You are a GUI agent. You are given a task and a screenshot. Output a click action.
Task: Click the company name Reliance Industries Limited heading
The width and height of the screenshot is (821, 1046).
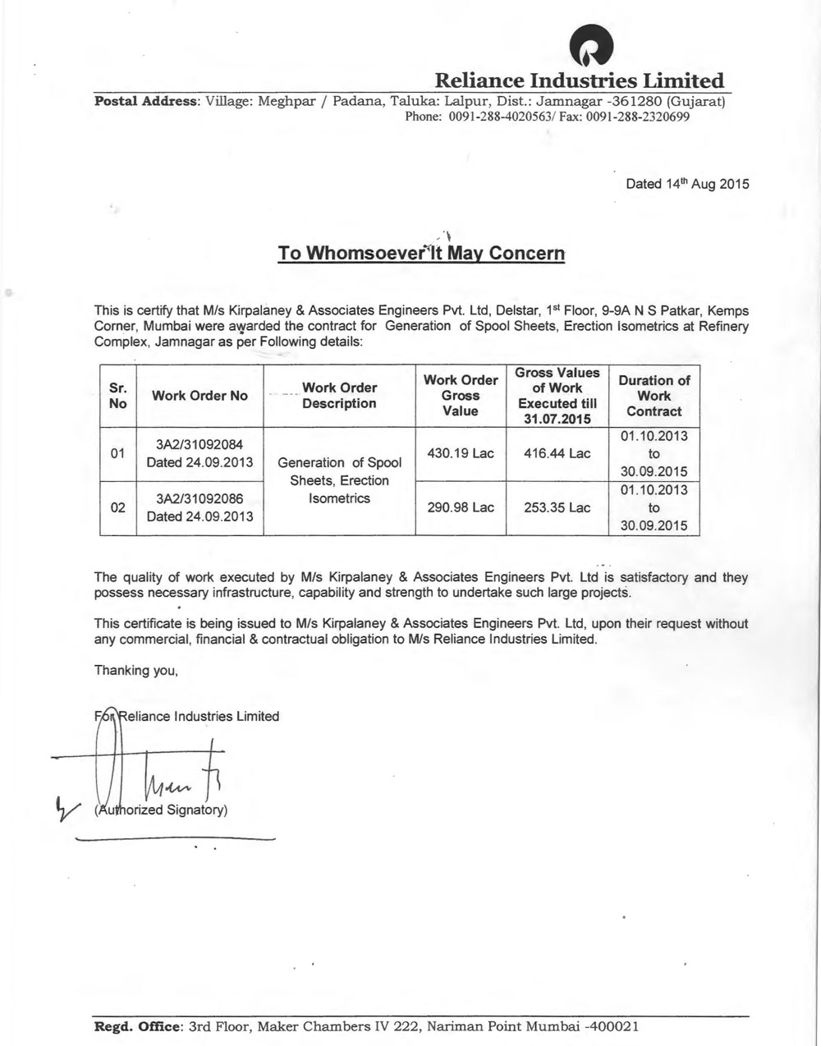coord(579,81)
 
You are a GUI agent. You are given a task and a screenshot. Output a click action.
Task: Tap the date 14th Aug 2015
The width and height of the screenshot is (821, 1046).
coord(687,184)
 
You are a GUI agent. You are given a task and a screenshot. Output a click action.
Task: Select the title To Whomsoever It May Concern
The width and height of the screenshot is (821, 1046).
coord(421,253)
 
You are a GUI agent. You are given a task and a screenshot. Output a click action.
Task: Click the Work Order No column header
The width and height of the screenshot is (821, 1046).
coord(200,396)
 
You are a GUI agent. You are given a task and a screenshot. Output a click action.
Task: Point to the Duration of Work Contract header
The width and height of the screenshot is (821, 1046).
coord(654,396)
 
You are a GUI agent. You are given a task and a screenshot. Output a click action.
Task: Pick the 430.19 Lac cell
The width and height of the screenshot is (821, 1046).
coord(461,453)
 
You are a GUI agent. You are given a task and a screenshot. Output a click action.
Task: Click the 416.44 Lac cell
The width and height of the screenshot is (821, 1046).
coord(557,453)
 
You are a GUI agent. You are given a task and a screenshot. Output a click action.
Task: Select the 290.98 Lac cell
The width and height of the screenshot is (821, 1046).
coord(461,507)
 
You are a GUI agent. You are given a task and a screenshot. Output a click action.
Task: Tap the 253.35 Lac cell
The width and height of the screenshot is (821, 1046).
coord(557,507)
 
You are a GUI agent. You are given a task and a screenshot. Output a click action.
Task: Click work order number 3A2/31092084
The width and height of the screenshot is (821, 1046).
coord(200,444)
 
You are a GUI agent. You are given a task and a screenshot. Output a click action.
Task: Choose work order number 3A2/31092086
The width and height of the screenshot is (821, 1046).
coord(200,498)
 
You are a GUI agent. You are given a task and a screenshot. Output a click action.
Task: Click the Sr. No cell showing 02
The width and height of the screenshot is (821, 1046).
coord(117,507)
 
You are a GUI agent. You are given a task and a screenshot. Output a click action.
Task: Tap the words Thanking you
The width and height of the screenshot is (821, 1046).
coord(136,670)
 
